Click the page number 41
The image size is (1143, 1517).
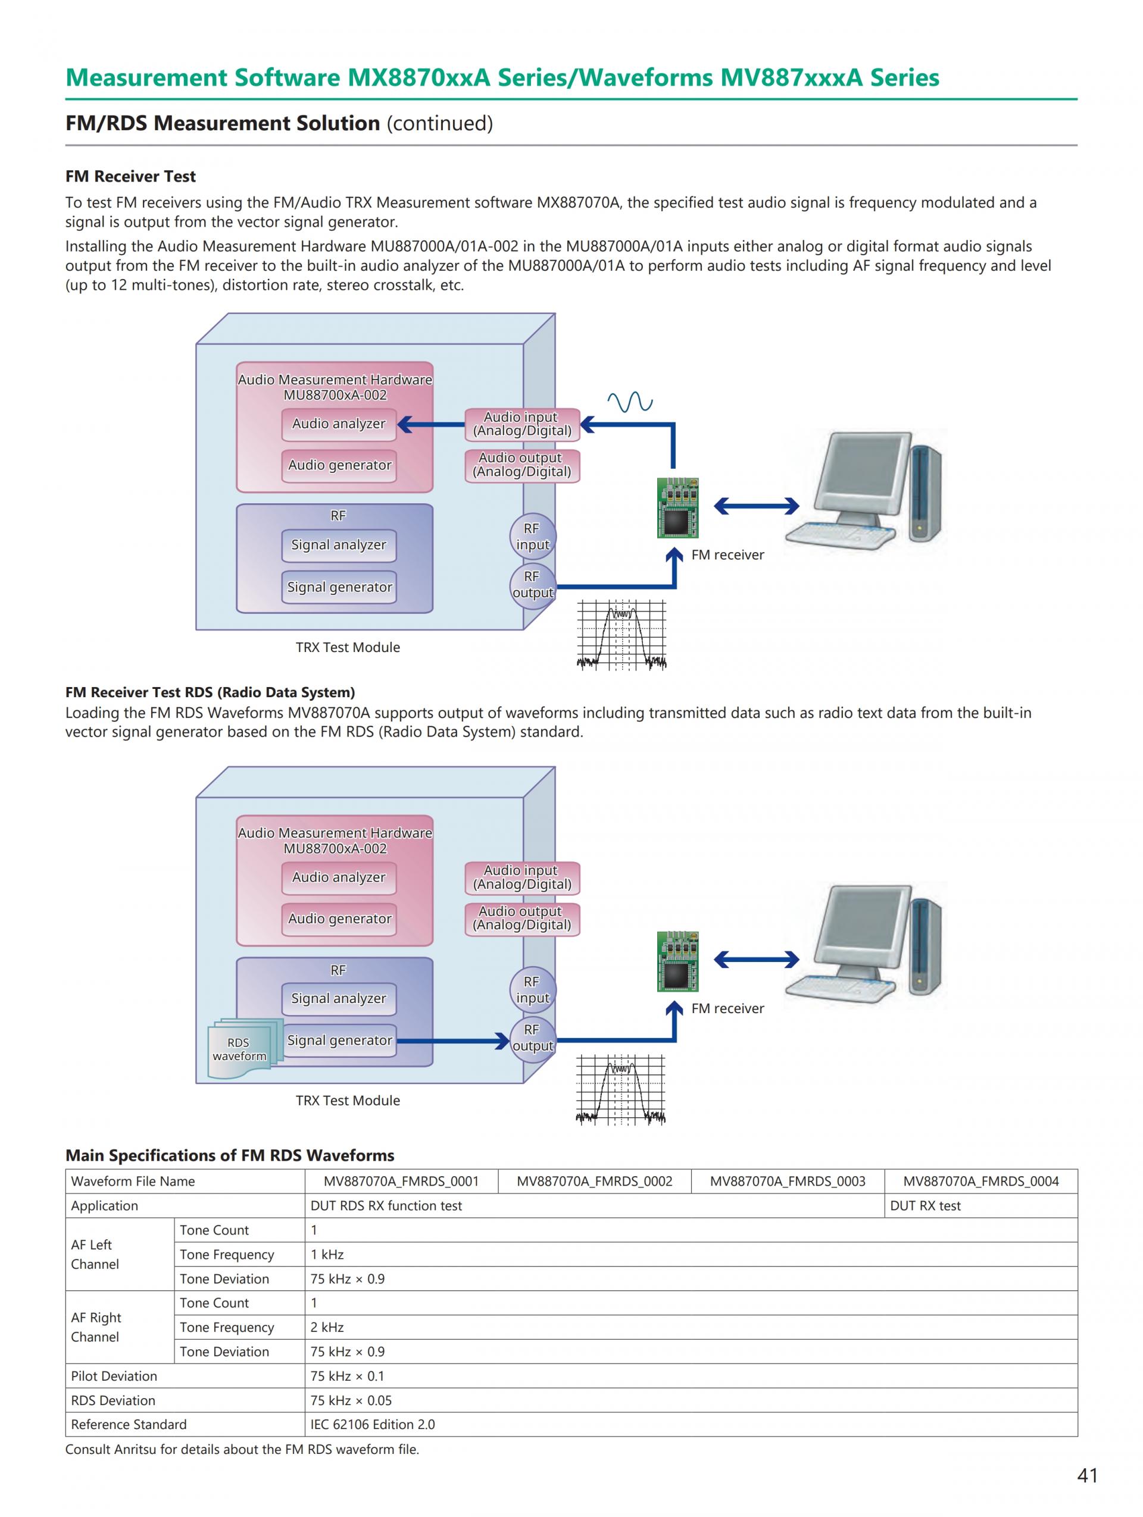(x=1088, y=1475)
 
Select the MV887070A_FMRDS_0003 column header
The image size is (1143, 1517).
(x=787, y=1181)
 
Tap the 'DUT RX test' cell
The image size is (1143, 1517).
(x=925, y=1206)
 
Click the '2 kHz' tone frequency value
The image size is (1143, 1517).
(x=327, y=1327)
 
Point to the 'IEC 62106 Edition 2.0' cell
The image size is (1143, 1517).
(x=373, y=1424)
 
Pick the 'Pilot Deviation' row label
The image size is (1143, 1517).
(x=114, y=1376)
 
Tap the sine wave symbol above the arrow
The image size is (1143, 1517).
(x=630, y=402)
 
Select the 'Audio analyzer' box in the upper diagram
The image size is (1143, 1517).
(x=339, y=424)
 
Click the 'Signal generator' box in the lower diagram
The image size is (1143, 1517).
(x=339, y=1040)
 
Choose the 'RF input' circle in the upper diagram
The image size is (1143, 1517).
(x=532, y=536)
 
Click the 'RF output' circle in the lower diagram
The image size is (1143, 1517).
(x=532, y=1038)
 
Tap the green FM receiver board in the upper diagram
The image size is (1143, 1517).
(x=678, y=507)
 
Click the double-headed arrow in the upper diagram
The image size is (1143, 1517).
(x=756, y=506)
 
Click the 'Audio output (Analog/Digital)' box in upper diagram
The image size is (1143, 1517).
(x=521, y=465)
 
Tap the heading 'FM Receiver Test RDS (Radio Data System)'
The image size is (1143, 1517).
(x=210, y=692)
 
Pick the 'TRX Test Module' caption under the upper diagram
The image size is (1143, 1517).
(x=347, y=647)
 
